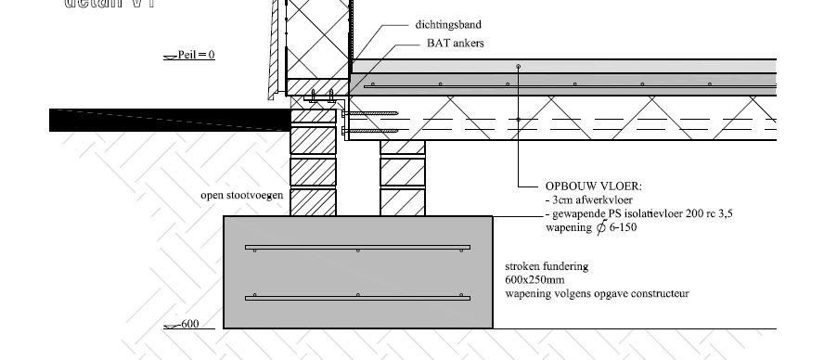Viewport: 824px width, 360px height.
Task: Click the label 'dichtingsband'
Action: pos(448,24)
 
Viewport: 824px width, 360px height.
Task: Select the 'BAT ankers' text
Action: pos(456,43)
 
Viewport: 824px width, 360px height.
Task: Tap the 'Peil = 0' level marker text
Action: pos(196,55)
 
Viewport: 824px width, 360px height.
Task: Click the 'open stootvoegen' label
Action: pos(241,196)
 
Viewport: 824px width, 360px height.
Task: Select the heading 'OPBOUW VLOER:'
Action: pos(587,186)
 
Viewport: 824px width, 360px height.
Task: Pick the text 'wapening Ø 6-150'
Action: pos(590,226)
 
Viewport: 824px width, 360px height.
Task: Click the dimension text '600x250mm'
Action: pos(534,279)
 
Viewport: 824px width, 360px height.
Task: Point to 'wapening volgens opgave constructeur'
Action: pos(597,293)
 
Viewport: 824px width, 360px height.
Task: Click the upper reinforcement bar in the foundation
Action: pos(357,248)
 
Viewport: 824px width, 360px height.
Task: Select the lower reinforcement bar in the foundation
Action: pos(357,297)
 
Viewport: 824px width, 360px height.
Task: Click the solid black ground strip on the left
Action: pos(167,119)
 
